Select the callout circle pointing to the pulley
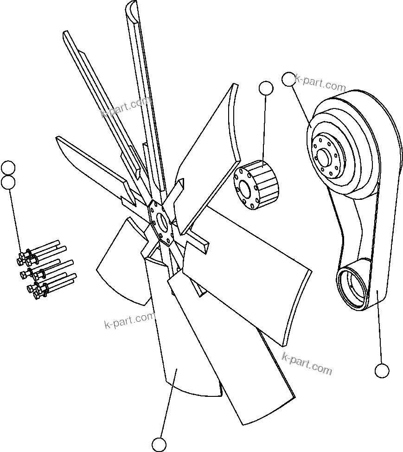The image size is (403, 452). (288, 80)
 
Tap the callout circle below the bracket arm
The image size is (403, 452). (382, 370)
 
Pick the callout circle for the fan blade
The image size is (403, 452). (159, 444)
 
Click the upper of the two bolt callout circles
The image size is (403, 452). (8, 167)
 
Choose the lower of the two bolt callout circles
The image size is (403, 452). (8, 182)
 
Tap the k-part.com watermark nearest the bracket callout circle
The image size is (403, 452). (307, 363)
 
